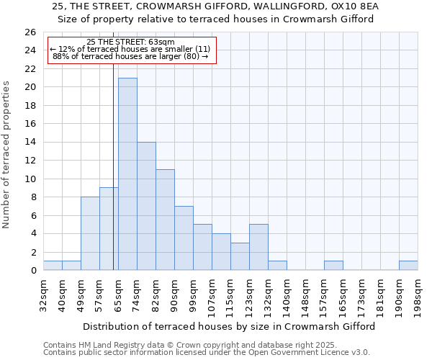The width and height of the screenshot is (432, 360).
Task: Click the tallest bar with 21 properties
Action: (127, 174)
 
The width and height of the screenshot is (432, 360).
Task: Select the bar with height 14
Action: (146, 206)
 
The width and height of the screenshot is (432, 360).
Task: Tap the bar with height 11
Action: (165, 220)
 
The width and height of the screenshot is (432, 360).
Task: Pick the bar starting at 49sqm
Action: (90, 233)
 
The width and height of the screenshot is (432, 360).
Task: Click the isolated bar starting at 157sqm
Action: (333, 265)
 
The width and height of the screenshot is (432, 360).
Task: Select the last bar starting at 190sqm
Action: (408, 265)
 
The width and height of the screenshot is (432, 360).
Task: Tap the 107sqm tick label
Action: (212, 296)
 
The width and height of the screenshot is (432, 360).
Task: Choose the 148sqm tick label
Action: (306, 296)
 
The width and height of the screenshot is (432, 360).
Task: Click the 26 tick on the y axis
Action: (30, 32)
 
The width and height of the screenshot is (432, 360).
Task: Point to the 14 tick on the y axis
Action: (30, 143)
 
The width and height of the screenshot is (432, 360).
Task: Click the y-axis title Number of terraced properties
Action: (7, 155)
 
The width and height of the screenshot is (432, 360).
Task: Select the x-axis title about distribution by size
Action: (229, 326)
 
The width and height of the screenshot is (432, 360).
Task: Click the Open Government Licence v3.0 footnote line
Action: (207, 352)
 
